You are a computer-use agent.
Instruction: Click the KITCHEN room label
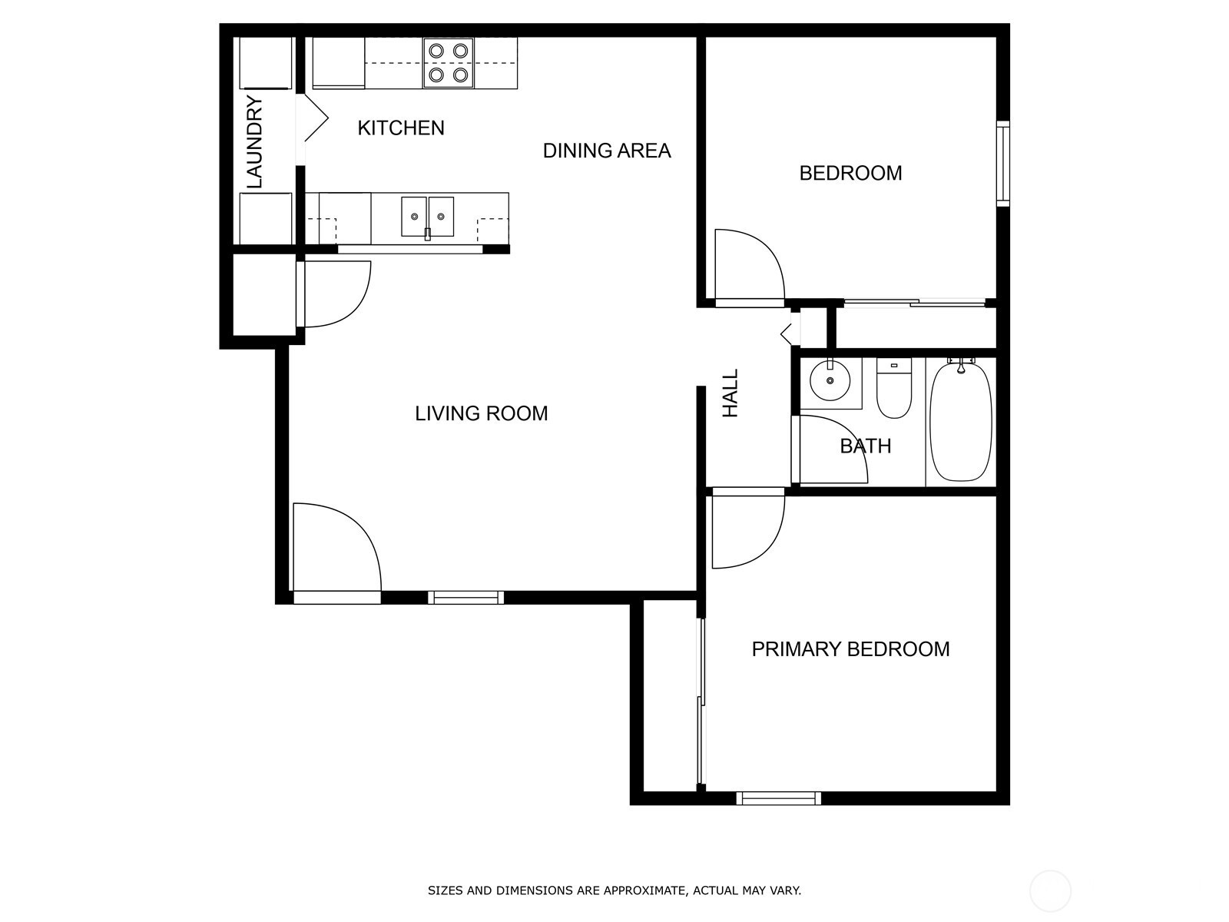[x=401, y=128]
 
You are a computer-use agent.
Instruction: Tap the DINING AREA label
[x=607, y=151]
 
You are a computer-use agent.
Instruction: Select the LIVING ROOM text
[x=482, y=413]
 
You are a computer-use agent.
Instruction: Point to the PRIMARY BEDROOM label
[x=850, y=649]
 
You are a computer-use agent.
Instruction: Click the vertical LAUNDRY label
[x=254, y=142]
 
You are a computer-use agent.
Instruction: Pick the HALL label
[x=730, y=393]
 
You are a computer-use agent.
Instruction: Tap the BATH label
[x=866, y=446]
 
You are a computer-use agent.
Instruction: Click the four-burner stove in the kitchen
[x=448, y=63]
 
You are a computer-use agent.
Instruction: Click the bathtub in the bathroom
[x=961, y=422]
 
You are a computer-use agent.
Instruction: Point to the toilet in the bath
[x=893, y=389]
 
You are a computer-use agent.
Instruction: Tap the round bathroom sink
[x=830, y=380]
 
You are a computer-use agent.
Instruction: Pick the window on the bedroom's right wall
[x=1003, y=164]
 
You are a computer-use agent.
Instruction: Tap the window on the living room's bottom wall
[x=465, y=597]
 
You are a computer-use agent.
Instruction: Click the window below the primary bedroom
[x=778, y=798]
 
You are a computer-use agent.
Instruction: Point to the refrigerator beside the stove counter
[x=338, y=63]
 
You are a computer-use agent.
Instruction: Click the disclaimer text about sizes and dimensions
[x=614, y=890]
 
